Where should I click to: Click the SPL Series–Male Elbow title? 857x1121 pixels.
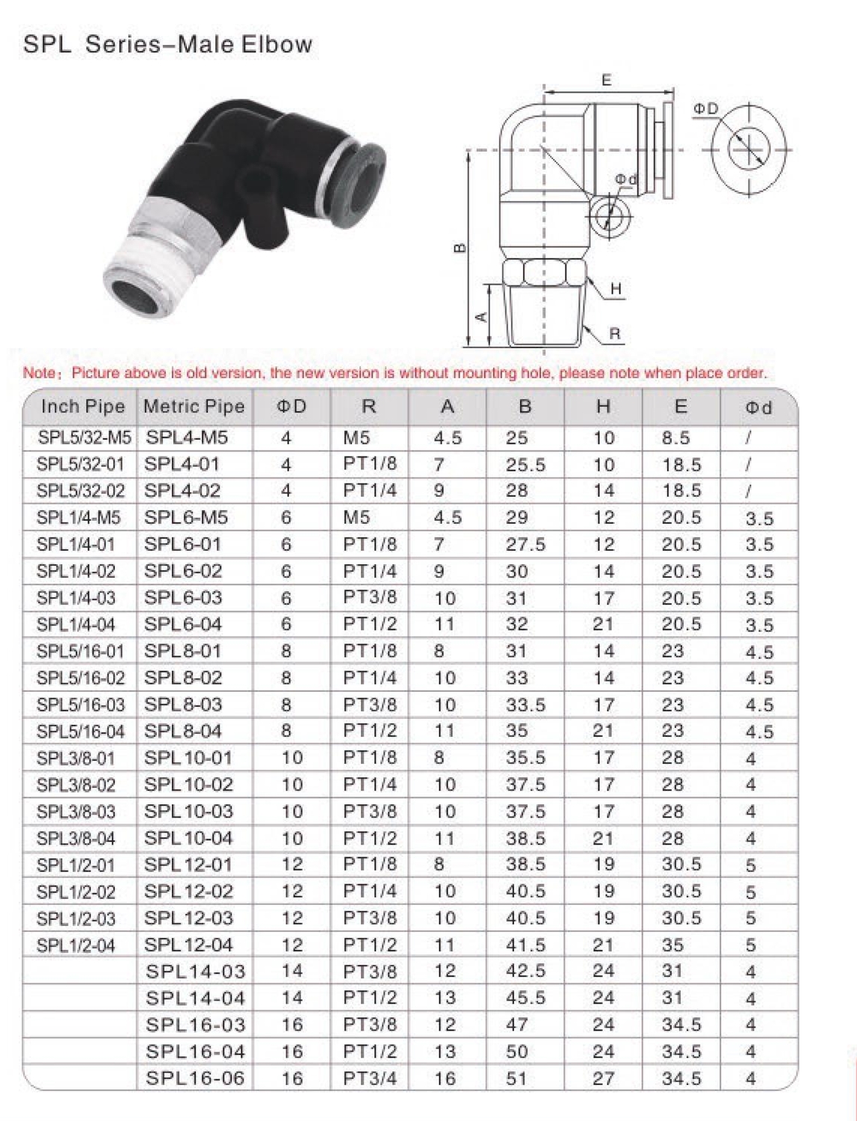[167, 44]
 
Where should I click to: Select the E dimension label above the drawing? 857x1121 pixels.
[607, 80]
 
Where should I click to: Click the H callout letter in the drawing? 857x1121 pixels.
[616, 289]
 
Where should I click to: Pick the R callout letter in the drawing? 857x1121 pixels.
[615, 334]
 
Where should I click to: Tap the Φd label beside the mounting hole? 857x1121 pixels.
[626, 179]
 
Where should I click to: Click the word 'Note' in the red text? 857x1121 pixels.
[39, 373]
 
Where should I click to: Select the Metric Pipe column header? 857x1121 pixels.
[194, 407]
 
